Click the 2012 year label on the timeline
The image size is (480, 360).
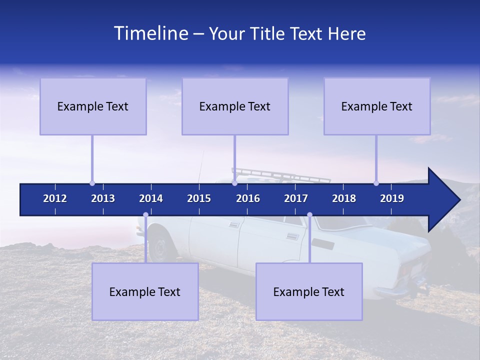[x=55, y=198]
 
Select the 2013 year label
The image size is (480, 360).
[x=103, y=198]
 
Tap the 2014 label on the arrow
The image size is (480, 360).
[x=151, y=198]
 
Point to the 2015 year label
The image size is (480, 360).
[x=199, y=198]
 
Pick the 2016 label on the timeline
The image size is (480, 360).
[x=248, y=198]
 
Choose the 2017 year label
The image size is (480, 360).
[x=296, y=198]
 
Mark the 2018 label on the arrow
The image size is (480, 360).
[x=344, y=198]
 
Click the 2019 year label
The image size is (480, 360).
[x=392, y=198]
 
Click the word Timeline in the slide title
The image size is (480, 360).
[x=150, y=33]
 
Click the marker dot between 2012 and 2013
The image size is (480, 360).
[x=92, y=183]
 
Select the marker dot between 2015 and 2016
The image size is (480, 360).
[x=234, y=183]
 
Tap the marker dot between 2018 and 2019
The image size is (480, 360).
[x=376, y=183]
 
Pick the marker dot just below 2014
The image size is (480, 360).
[x=145, y=215]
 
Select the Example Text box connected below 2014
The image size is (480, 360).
[x=145, y=291]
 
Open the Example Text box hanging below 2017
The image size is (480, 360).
[x=309, y=291]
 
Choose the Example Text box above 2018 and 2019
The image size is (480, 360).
[x=377, y=106]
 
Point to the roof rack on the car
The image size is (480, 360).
[x=280, y=175]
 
